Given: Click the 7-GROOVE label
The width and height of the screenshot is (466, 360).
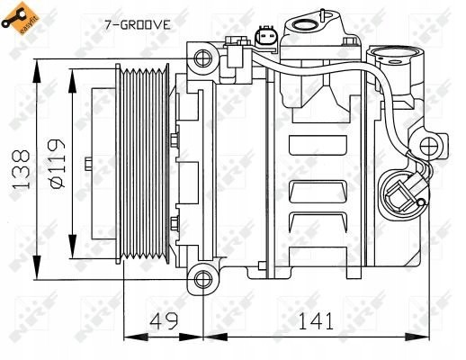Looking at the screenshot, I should (x=137, y=25).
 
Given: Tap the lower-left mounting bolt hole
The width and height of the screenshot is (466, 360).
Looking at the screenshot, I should (x=202, y=274).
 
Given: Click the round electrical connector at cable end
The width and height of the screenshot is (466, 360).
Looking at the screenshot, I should (x=398, y=191).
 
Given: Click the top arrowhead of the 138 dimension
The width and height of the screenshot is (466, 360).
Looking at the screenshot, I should (x=36, y=65).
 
